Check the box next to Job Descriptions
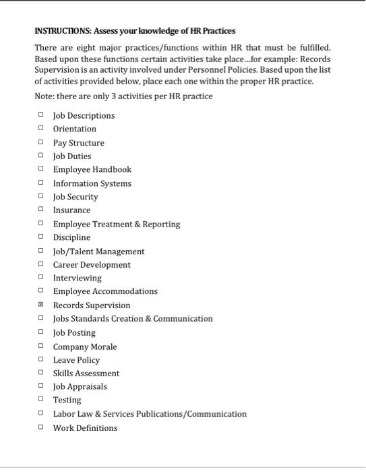(40, 115)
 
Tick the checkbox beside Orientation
(40, 128)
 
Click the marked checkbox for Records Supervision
(40, 305)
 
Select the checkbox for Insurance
(40, 210)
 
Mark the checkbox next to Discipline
(40, 237)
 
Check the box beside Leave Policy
(40, 359)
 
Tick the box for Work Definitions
(40, 427)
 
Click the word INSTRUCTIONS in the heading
(63, 31)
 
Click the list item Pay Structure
(78, 142)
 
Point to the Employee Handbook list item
(92, 169)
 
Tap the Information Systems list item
(92, 183)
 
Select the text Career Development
(92, 264)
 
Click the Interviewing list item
(77, 278)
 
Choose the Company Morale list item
(85, 347)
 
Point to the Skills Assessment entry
(86, 373)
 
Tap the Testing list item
(67, 400)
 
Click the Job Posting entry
(74, 332)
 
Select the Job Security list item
(75, 196)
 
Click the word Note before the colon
(44, 96)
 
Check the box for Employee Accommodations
(40, 291)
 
